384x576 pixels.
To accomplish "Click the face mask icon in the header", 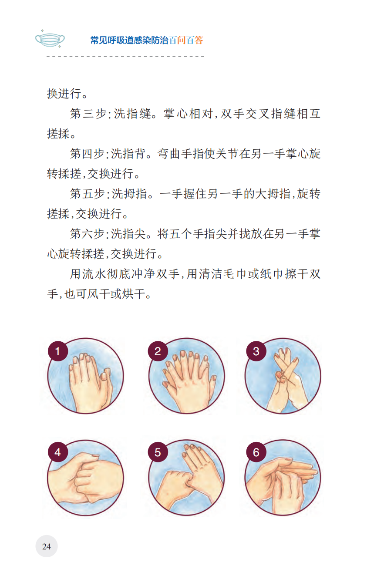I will tap(50, 40).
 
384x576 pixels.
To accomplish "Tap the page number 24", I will tap(47, 546).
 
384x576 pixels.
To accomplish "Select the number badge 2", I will tap(158, 351).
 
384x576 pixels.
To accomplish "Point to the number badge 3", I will tap(256, 351).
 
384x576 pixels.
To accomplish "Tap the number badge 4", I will tap(58, 452).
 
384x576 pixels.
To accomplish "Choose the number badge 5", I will tap(158, 452).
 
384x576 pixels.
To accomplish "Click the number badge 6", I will tap(256, 452).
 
